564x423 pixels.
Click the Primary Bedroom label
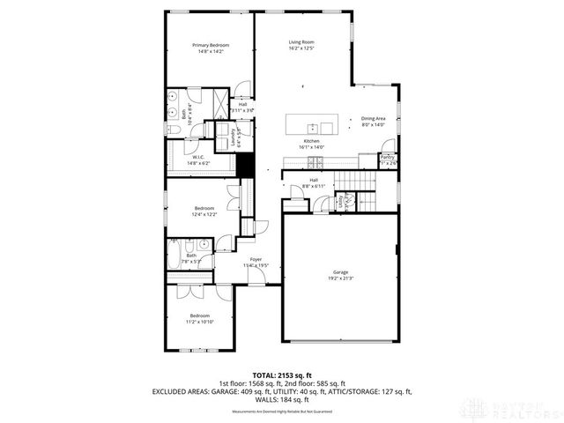[211, 45]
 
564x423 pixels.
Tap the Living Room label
[301, 41]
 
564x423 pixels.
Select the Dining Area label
[374, 118]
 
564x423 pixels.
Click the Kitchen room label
[312, 141]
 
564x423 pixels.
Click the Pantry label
[388, 158]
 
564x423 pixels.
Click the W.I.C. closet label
[199, 158]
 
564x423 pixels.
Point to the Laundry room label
[234, 137]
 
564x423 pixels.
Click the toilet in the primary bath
[174, 131]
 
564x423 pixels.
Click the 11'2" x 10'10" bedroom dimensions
[200, 322]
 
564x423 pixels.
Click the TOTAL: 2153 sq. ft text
[281, 375]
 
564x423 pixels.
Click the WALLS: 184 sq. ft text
[282, 399]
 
